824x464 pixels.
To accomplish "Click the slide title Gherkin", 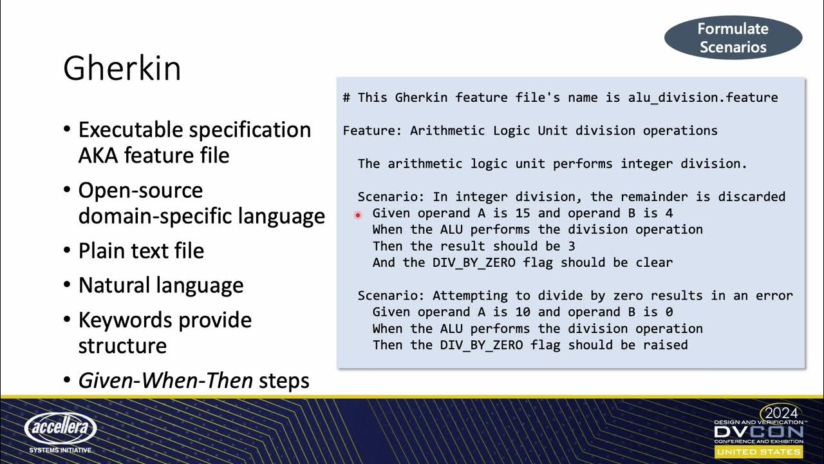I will (x=122, y=69).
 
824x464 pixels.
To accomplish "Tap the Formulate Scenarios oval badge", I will (x=733, y=38).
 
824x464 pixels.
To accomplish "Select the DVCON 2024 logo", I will (x=758, y=430).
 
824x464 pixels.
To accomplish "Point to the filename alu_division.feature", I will (x=703, y=98).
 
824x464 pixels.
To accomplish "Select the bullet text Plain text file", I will (x=141, y=251).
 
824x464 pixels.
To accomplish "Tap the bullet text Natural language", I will (x=161, y=285).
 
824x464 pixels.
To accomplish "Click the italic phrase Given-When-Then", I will (x=165, y=380).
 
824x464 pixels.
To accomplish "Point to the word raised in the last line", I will (x=665, y=345).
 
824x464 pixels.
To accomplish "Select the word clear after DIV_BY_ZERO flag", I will (x=653, y=262).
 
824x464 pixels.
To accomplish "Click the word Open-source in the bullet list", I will (x=140, y=191).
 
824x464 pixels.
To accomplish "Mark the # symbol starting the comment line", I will (x=346, y=98).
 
